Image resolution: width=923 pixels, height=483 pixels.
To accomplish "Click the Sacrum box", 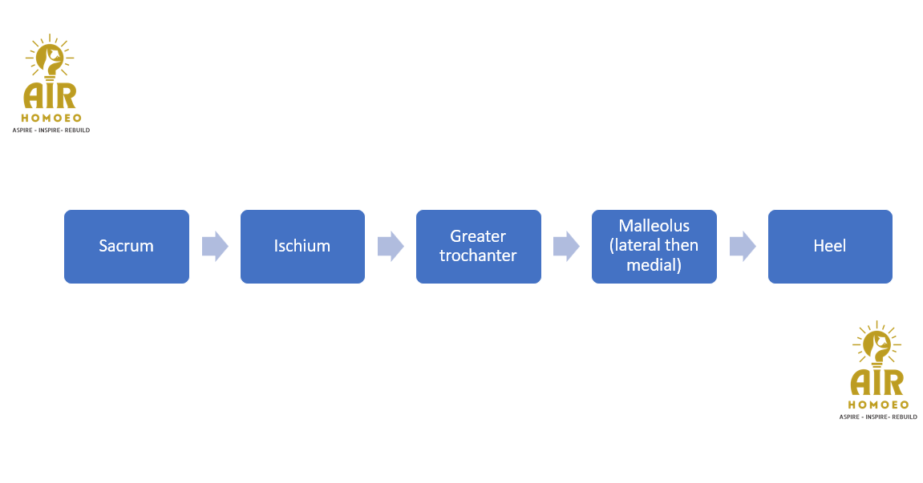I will pyautogui.click(x=126, y=247).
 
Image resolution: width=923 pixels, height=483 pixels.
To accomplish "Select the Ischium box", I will pyautogui.click(x=302, y=247).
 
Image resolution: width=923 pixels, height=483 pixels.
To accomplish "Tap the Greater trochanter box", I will pyautogui.click(x=478, y=247).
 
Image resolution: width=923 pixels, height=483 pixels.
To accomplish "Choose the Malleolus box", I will pyautogui.click(x=654, y=247).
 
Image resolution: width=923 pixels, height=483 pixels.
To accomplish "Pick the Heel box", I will pyautogui.click(x=830, y=247).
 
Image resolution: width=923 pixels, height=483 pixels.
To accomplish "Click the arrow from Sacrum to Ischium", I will pyautogui.click(x=215, y=246).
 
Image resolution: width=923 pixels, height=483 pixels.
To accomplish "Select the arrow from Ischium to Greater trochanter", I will pyautogui.click(x=391, y=246).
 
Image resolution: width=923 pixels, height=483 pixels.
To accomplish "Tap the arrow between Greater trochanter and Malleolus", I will pyautogui.click(x=566, y=246).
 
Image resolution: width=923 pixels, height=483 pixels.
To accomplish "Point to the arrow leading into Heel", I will pyautogui.click(x=743, y=246).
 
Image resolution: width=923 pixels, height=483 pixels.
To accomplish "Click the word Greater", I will pyautogui.click(x=478, y=236).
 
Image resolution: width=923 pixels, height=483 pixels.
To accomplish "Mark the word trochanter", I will pyautogui.click(x=478, y=256).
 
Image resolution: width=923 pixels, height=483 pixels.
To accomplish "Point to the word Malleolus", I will pyautogui.click(x=654, y=226).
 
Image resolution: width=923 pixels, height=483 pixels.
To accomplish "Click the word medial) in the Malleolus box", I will pyautogui.click(x=654, y=264).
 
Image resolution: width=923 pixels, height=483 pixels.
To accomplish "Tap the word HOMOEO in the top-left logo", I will pyautogui.click(x=51, y=118).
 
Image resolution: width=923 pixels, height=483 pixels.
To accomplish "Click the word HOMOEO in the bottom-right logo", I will pyautogui.click(x=878, y=405).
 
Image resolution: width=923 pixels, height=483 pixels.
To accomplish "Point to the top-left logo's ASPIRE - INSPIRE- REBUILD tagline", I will pyautogui.click(x=51, y=130).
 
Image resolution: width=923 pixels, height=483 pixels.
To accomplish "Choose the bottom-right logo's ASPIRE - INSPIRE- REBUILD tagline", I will pyautogui.click(x=878, y=417).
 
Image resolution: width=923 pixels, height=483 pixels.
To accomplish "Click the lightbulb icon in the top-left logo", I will pyautogui.click(x=51, y=57).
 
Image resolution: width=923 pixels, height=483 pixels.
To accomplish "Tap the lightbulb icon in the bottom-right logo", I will pyautogui.click(x=878, y=344).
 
